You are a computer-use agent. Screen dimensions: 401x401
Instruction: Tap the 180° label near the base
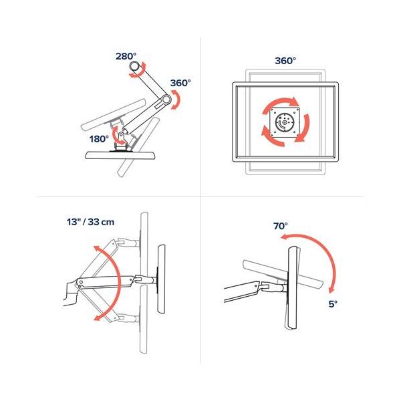pos(98,139)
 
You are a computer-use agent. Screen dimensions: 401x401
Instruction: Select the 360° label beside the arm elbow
pos(180,83)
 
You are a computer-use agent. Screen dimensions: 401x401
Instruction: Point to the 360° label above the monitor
pos(285,60)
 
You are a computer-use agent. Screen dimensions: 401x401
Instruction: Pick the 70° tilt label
pos(280,226)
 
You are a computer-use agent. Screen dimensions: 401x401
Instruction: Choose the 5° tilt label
pos(333,303)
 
